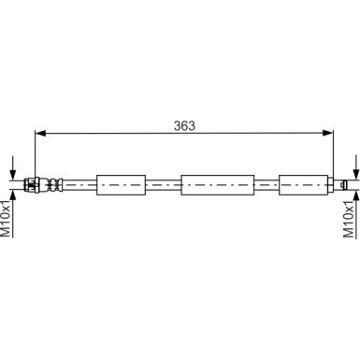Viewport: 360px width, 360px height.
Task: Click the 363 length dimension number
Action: (x=183, y=125)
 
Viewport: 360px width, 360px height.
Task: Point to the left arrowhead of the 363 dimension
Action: (x=39, y=134)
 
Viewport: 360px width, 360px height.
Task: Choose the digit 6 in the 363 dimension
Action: (x=183, y=125)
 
